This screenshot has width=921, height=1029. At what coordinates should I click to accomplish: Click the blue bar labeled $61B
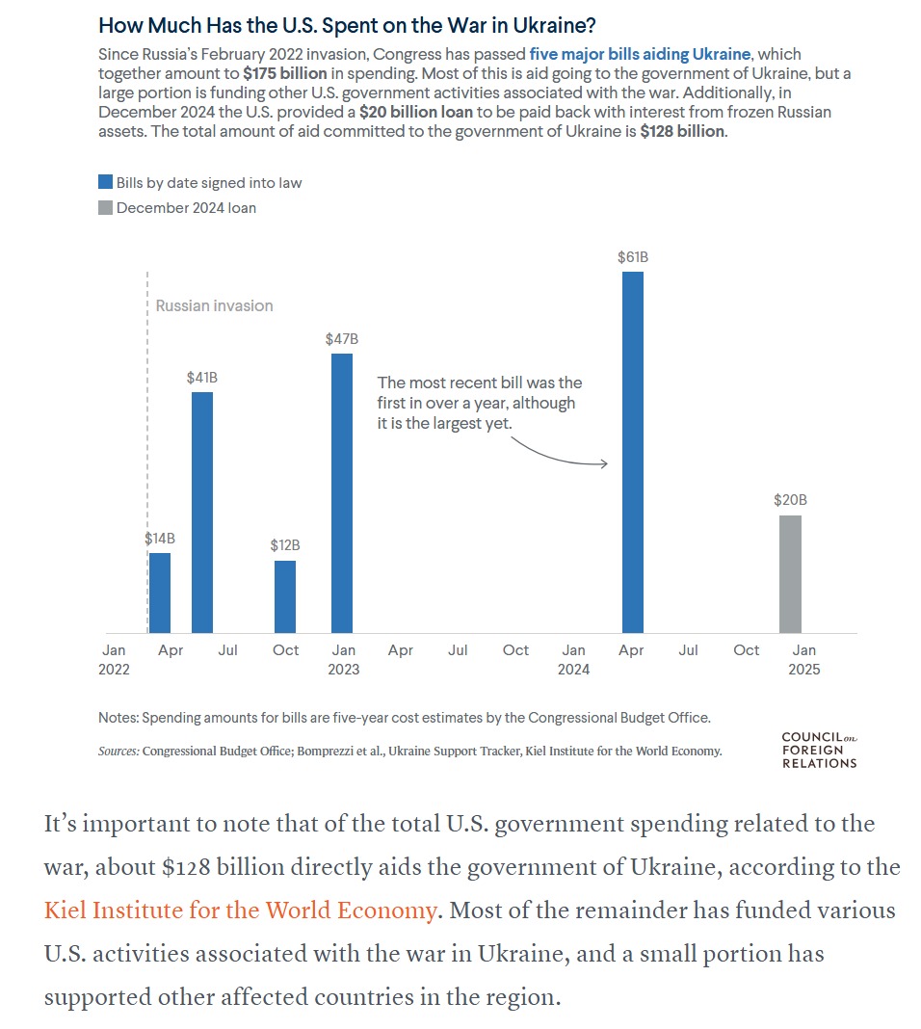(x=632, y=453)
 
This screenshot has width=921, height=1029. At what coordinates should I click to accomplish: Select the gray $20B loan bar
(x=790, y=574)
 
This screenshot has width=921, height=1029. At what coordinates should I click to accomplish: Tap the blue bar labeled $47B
(x=342, y=493)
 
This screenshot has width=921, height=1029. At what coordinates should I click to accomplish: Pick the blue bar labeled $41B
(x=202, y=513)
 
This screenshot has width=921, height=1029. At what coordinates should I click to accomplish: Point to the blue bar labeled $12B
(x=285, y=596)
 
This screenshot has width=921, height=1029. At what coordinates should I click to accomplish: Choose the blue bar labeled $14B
(x=160, y=593)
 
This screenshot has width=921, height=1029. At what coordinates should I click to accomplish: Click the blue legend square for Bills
(x=105, y=182)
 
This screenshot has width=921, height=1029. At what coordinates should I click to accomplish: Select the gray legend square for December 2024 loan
(x=105, y=207)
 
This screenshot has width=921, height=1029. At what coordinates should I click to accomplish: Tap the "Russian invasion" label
(x=214, y=305)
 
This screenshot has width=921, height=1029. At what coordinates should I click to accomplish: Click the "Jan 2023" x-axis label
(x=343, y=660)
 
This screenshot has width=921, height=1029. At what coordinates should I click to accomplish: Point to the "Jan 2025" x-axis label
(x=804, y=660)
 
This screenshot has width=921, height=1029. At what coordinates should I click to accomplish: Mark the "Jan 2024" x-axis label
(x=573, y=660)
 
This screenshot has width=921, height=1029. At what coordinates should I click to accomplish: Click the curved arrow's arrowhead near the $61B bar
(x=603, y=463)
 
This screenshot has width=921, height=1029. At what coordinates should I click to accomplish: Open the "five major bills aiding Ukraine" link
(x=640, y=54)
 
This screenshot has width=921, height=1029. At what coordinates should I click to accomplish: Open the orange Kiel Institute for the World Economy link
(x=240, y=910)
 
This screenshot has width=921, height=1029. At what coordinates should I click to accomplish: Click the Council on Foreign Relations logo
(x=818, y=751)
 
